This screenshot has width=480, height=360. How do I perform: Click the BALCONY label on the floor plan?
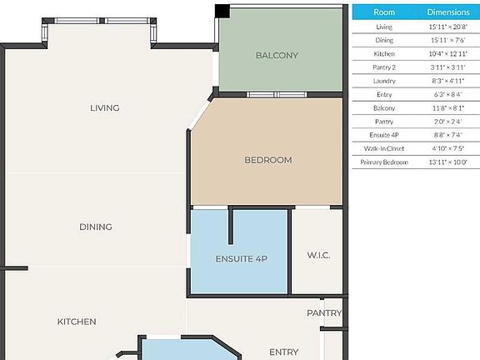(x=277, y=56)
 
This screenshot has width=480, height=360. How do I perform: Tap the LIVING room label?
(x=105, y=107)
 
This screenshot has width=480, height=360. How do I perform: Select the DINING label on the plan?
(x=96, y=227)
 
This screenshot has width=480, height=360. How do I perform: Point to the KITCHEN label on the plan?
(x=77, y=322)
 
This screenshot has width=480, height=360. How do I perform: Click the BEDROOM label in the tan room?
(x=267, y=160)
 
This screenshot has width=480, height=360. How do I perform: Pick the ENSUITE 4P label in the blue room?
(x=240, y=259)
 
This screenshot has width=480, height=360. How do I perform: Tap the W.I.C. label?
(x=318, y=255)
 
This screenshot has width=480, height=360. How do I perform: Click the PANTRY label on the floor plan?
(x=324, y=313)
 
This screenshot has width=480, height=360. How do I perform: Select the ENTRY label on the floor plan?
(x=283, y=352)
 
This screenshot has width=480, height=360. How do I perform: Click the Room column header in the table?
(x=384, y=12)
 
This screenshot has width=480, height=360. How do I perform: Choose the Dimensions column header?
(x=448, y=12)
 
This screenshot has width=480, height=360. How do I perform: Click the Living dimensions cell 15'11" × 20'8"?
(x=448, y=27)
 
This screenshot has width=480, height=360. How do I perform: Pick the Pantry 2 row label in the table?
(x=384, y=67)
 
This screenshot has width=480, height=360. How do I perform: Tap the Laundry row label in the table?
(x=384, y=81)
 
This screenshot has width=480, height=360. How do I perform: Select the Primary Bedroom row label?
(x=384, y=162)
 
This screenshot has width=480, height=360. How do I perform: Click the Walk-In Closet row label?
(x=384, y=148)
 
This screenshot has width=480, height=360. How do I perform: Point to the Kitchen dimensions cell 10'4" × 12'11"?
(x=448, y=53)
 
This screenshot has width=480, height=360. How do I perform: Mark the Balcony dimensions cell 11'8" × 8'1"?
(x=448, y=107)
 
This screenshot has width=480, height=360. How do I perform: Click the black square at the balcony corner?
(x=222, y=11)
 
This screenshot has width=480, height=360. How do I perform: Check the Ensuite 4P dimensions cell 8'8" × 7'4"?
(x=448, y=135)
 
